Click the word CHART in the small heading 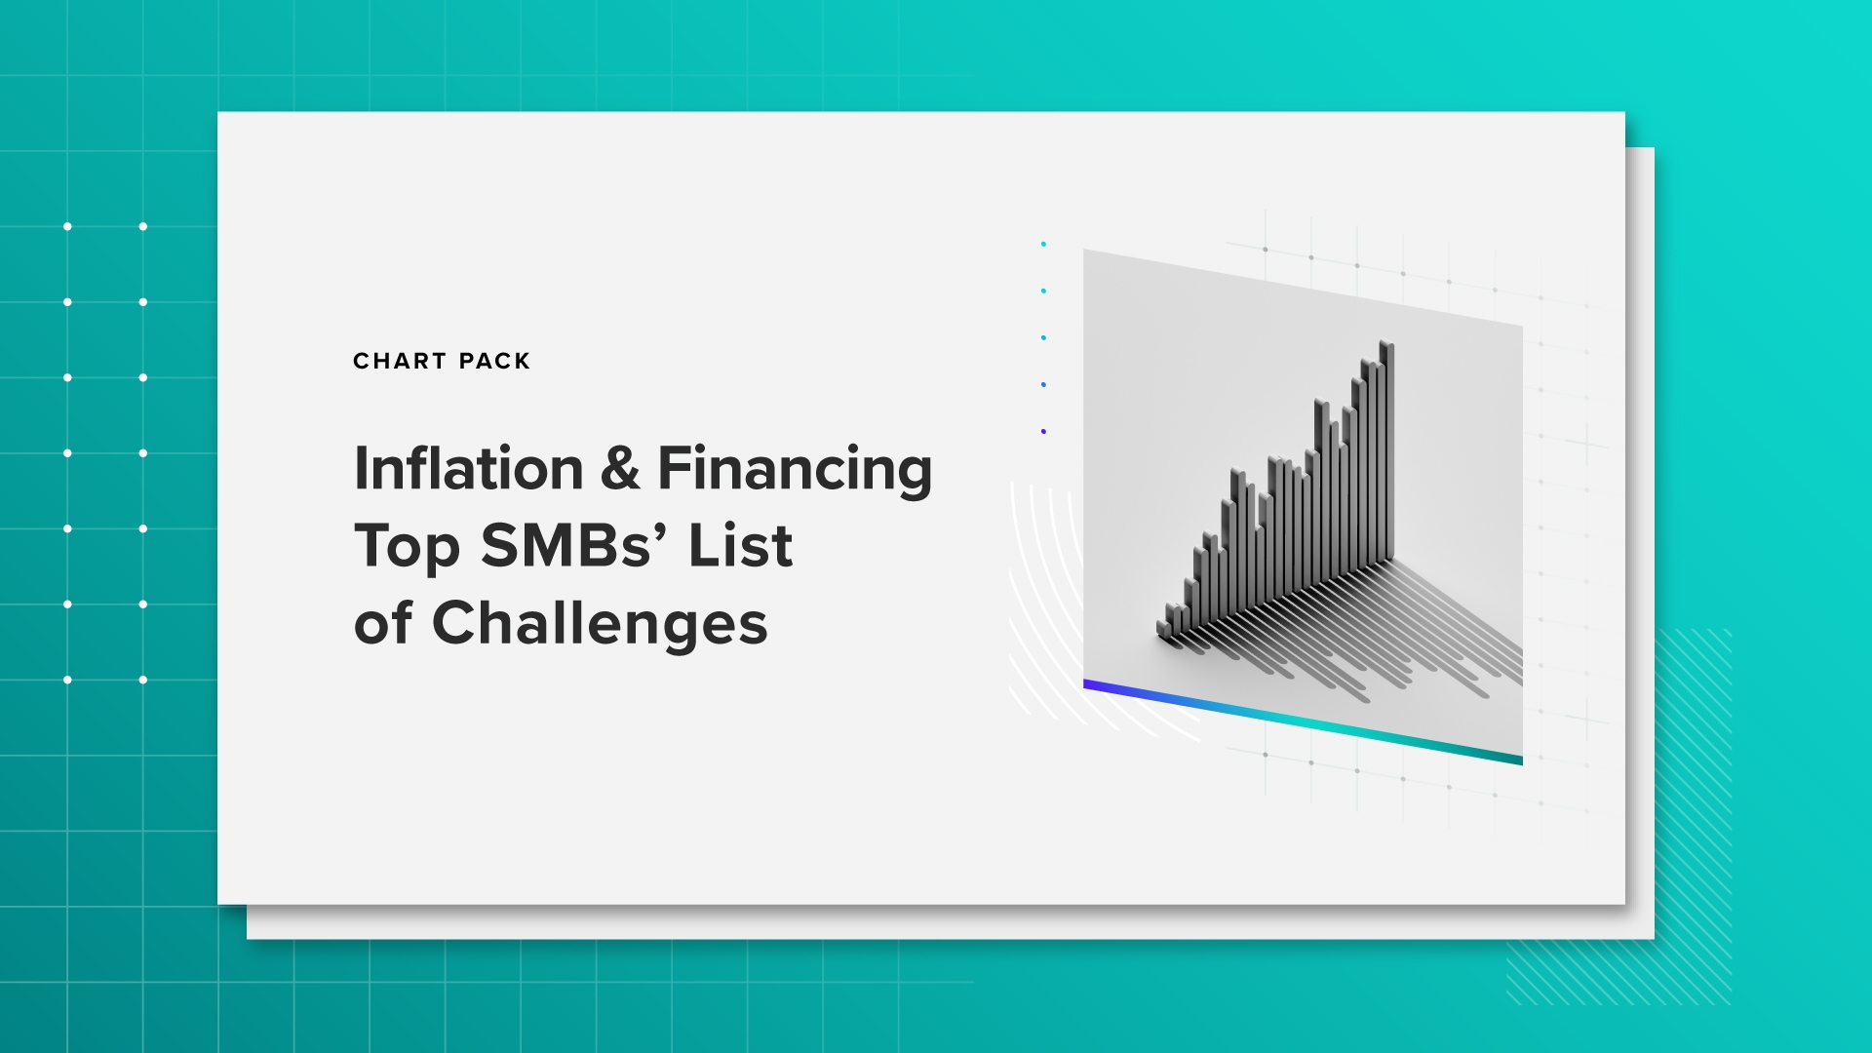400,362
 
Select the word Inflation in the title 469,469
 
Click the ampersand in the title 620,469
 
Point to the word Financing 795,472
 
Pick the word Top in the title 408,548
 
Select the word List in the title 740,546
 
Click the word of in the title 383,624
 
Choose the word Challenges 600,626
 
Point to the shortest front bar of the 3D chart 1163,629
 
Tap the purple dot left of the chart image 1043,431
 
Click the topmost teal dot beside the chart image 1043,244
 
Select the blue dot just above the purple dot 1043,384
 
